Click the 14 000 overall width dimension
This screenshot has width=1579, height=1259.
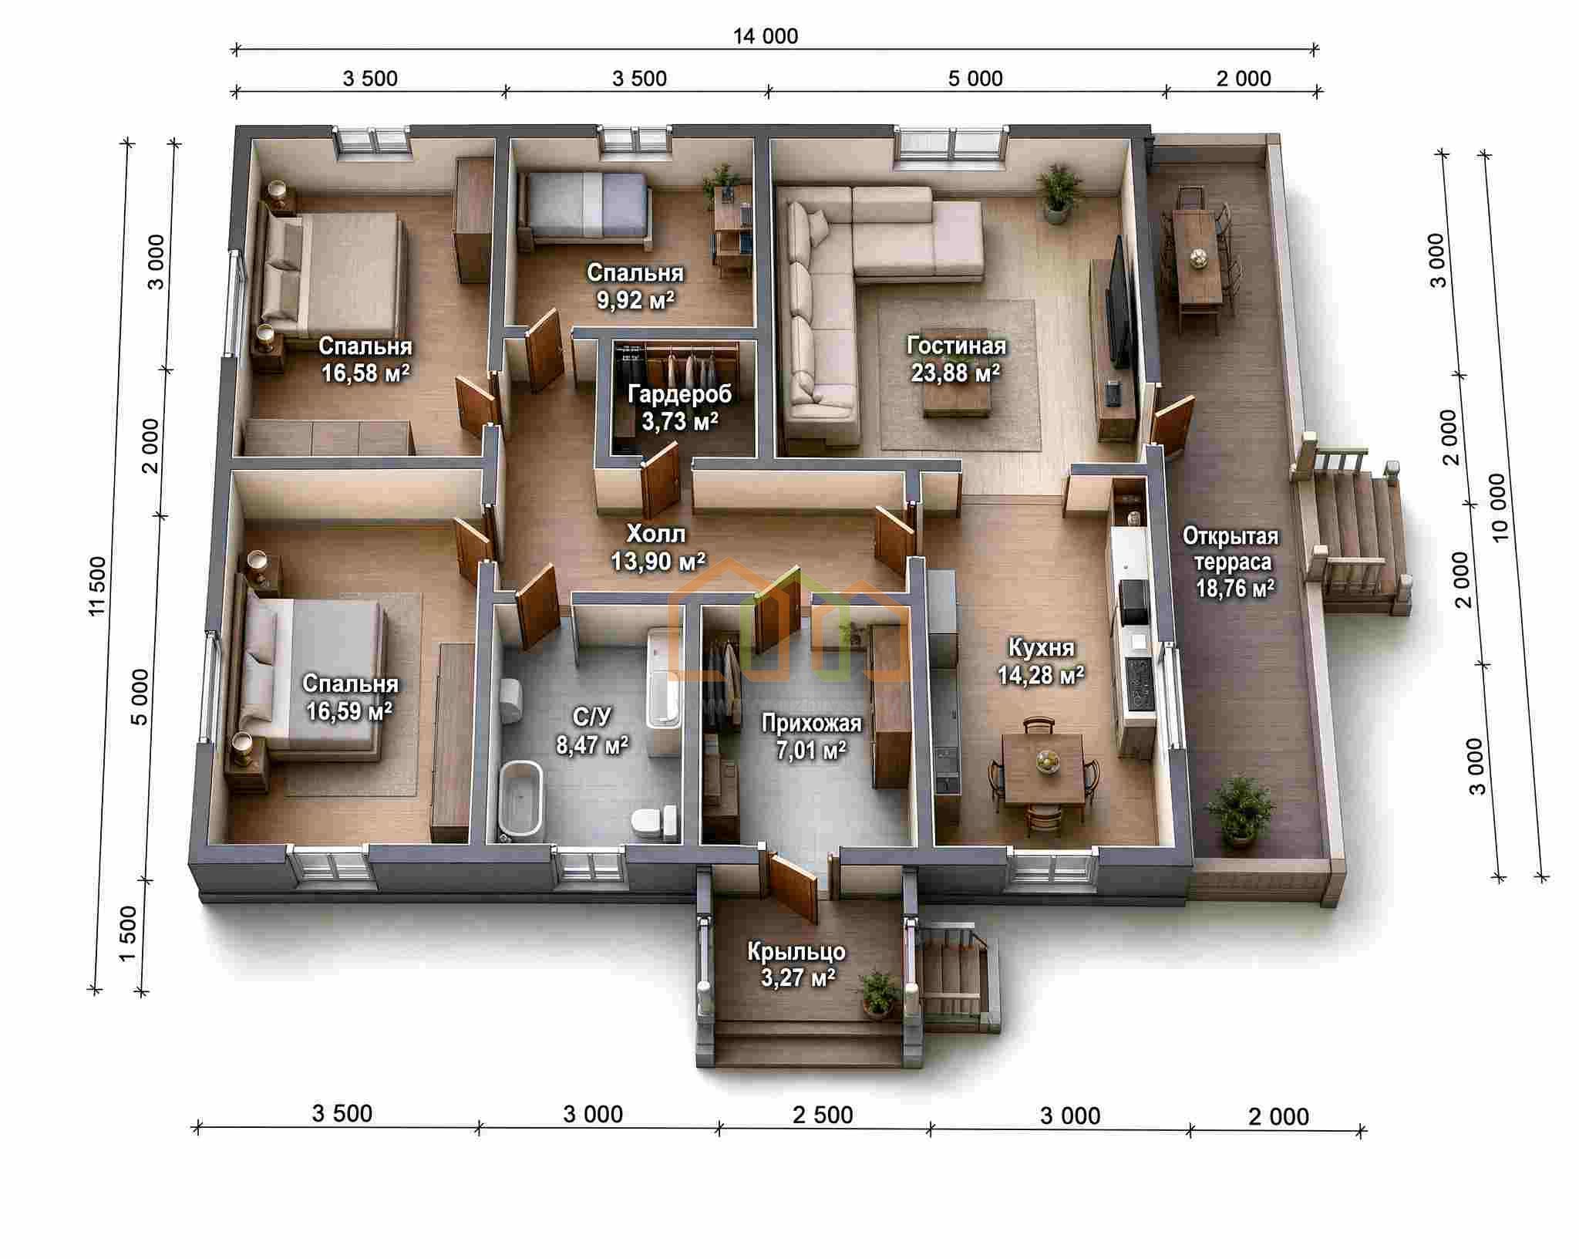click(x=765, y=36)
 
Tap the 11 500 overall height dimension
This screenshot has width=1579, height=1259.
click(x=98, y=586)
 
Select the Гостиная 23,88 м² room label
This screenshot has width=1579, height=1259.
click(x=956, y=359)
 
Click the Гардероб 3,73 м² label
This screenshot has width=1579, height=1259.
click(x=679, y=407)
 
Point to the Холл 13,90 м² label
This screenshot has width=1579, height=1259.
click(x=657, y=547)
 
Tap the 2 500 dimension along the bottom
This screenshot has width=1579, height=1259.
click(x=823, y=1115)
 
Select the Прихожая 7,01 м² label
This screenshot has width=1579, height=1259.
click(x=811, y=736)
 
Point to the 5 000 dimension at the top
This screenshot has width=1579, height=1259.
click(x=975, y=79)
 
